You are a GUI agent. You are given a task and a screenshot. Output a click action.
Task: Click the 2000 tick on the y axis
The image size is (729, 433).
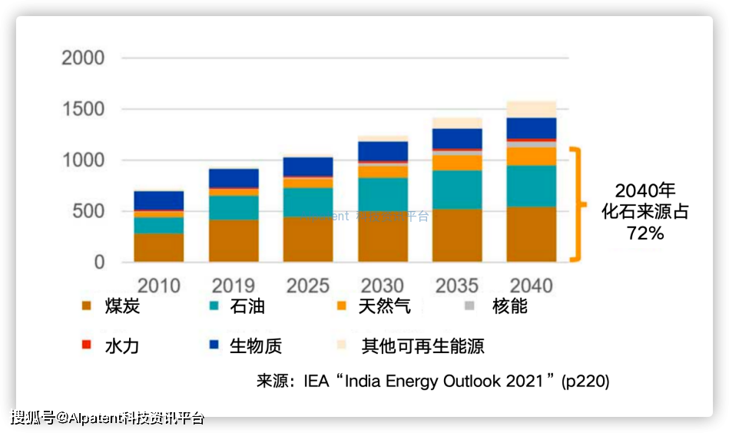[83, 58]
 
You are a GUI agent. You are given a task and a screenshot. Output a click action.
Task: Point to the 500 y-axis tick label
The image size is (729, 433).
[88, 211]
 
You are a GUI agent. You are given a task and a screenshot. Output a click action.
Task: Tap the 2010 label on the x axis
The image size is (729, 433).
[159, 286]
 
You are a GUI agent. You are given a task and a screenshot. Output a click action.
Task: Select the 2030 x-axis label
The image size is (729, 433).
[383, 286]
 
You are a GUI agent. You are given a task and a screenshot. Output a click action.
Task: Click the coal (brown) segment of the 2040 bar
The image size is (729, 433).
[532, 234]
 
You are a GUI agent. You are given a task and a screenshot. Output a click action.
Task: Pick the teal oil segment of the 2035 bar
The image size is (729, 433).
[457, 190]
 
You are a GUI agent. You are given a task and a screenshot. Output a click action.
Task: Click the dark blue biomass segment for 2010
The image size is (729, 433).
[159, 200]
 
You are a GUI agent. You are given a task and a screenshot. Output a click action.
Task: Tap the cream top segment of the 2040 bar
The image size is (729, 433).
[532, 108]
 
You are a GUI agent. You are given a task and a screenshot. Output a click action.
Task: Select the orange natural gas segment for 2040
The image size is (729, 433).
[532, 157]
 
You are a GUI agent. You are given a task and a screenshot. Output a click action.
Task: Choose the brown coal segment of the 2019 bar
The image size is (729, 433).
[234, 241]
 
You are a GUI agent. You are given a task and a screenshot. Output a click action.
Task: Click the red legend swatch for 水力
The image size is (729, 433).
[87, 345]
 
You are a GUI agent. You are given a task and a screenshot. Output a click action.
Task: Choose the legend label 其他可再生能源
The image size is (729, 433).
[423, 345]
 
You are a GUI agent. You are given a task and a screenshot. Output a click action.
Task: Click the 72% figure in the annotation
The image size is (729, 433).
[645, 233]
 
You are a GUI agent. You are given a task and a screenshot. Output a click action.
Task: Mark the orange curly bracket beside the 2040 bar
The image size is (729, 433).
[578, 203]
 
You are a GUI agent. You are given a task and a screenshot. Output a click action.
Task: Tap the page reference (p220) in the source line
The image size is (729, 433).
[585, 381]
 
